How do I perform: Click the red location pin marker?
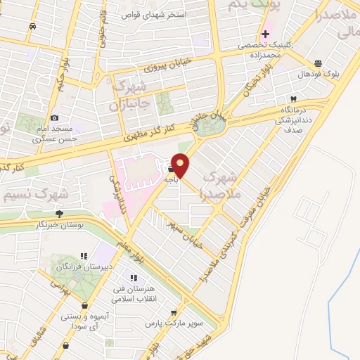click(x=181, y=165)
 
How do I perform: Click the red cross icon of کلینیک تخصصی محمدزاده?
click(x=266, y=34)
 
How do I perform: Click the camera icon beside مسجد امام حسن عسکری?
click(x=54, y=117)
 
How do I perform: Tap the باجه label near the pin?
click(x=171, y=179)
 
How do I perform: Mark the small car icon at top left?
click(x=32, y=26)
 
